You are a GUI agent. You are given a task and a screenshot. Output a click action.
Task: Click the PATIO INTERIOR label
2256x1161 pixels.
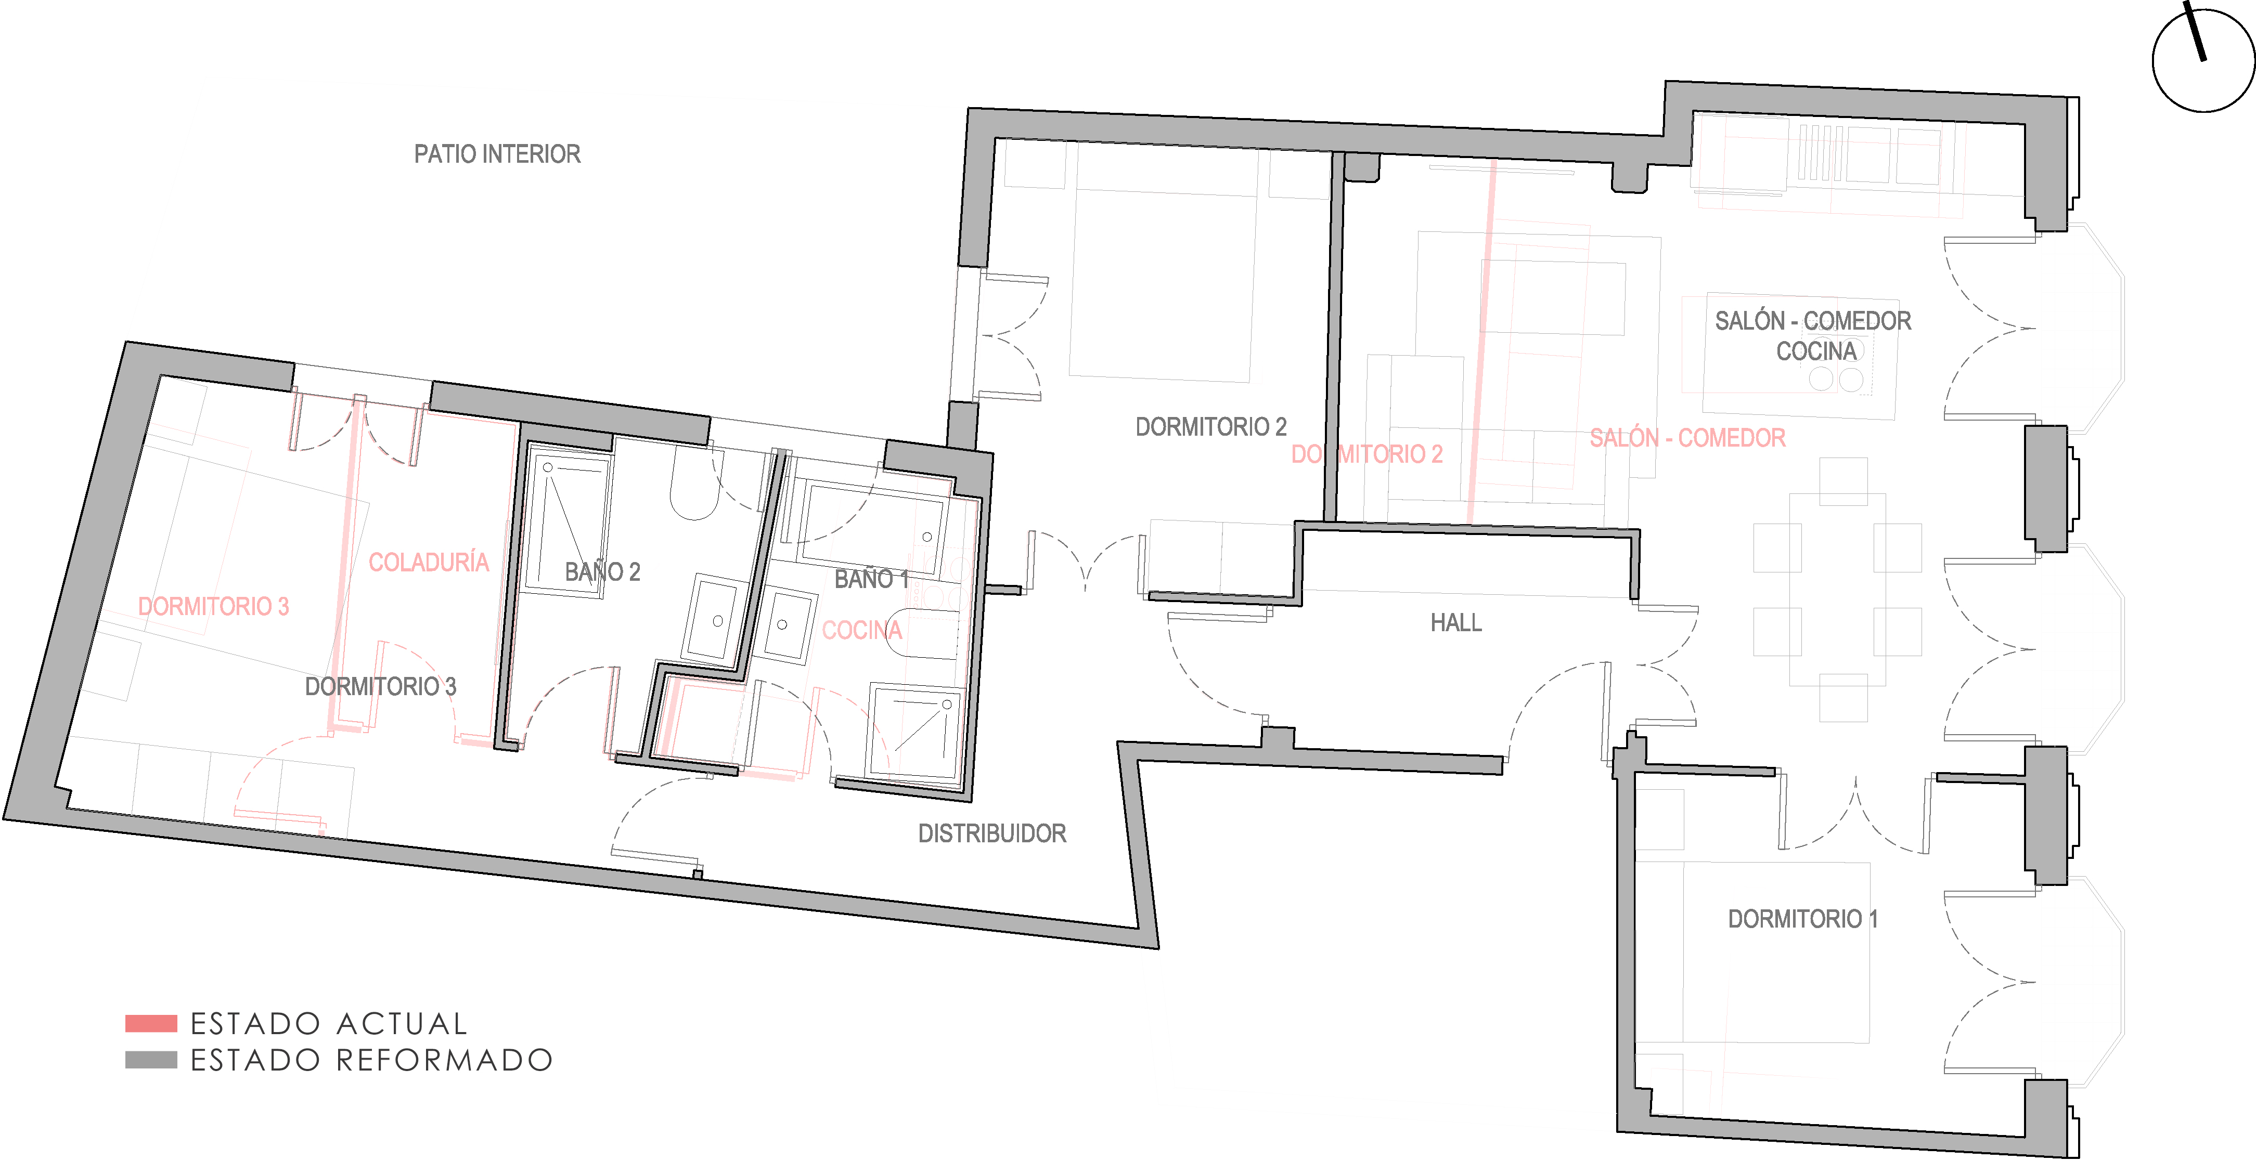click(x=497, y=154)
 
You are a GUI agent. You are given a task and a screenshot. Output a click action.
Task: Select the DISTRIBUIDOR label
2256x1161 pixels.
click(x=992, y=833)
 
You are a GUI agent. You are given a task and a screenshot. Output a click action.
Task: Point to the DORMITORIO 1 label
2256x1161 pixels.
click(x=1802, y=919)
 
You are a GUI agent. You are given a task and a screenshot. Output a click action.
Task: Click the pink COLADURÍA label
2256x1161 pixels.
click(x=428, y=562)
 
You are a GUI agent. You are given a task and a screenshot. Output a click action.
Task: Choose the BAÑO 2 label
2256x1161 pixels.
click(x=602, y=572)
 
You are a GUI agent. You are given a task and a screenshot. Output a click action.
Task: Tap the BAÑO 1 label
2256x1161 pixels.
click(x=871, y=579)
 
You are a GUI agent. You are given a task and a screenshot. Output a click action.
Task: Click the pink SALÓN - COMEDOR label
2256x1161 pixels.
click(x=1687, y=438)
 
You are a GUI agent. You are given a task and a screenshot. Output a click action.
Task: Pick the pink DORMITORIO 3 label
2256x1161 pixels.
click(x=214, y=606)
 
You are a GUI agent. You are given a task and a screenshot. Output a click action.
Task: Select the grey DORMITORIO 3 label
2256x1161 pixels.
click(x=380, y=686)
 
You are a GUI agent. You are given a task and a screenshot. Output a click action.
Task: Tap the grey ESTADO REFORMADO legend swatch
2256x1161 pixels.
click(x=151, y=1060)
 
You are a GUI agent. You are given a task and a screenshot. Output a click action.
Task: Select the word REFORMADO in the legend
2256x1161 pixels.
click(x=445, y=1060)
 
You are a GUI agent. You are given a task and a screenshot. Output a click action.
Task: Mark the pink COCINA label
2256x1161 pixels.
click(x=862, y=630)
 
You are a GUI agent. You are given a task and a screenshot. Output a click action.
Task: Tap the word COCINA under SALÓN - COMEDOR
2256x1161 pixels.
click(x=1816, y=351)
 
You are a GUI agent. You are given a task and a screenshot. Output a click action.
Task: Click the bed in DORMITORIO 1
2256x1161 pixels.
click(x=1776, y=953)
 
